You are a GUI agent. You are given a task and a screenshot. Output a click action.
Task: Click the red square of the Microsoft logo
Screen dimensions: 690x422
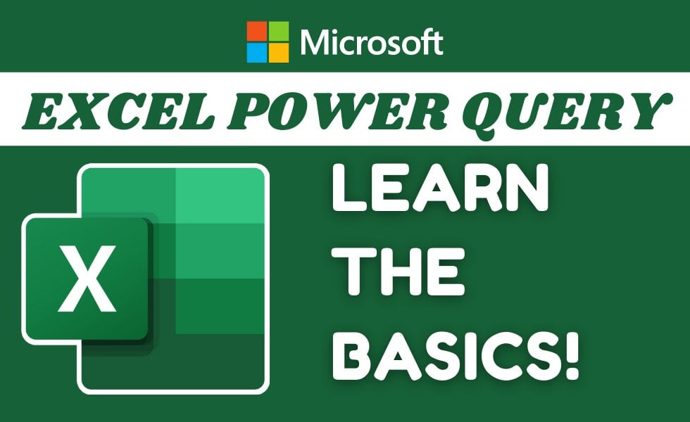(x=256, y=31)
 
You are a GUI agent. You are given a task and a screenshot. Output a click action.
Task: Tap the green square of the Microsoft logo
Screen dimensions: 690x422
(x=279, y=31)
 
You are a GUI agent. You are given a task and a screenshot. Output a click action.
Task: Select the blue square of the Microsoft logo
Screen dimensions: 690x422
(x=256, y=53)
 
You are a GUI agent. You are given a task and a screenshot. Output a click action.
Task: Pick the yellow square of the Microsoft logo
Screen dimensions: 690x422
(x=279, y=53)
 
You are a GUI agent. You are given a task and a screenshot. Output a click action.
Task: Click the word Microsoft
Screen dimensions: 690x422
(x=372, y=42)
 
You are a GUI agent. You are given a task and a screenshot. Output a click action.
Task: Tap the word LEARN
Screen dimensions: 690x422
(x=441, y=188)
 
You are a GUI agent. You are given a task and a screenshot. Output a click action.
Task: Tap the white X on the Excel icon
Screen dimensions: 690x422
(x=87, y=279)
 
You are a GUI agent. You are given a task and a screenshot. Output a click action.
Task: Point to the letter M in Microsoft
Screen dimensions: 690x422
(x=316, y=42)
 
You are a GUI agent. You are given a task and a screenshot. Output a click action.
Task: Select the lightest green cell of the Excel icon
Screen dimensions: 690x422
(x=220, y=196)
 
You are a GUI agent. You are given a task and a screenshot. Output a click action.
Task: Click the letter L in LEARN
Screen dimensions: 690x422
(x=349, y=188)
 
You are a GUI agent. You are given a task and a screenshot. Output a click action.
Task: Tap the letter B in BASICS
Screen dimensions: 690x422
(x=351, y=355)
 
